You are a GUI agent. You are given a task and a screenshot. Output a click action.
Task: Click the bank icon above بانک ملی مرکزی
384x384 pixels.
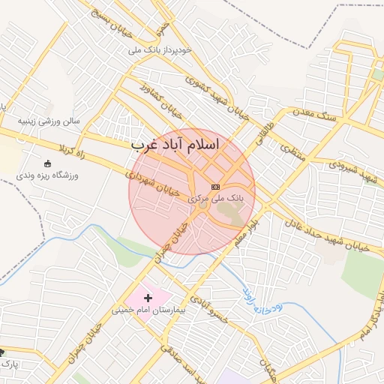coord(215,186)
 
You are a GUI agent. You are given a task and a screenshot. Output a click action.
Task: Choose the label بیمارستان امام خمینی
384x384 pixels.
coord(147,309)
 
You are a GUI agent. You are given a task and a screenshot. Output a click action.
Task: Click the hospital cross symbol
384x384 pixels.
coord(148,298)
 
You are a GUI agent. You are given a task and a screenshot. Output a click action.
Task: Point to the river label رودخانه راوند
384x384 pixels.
coord(261,298)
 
